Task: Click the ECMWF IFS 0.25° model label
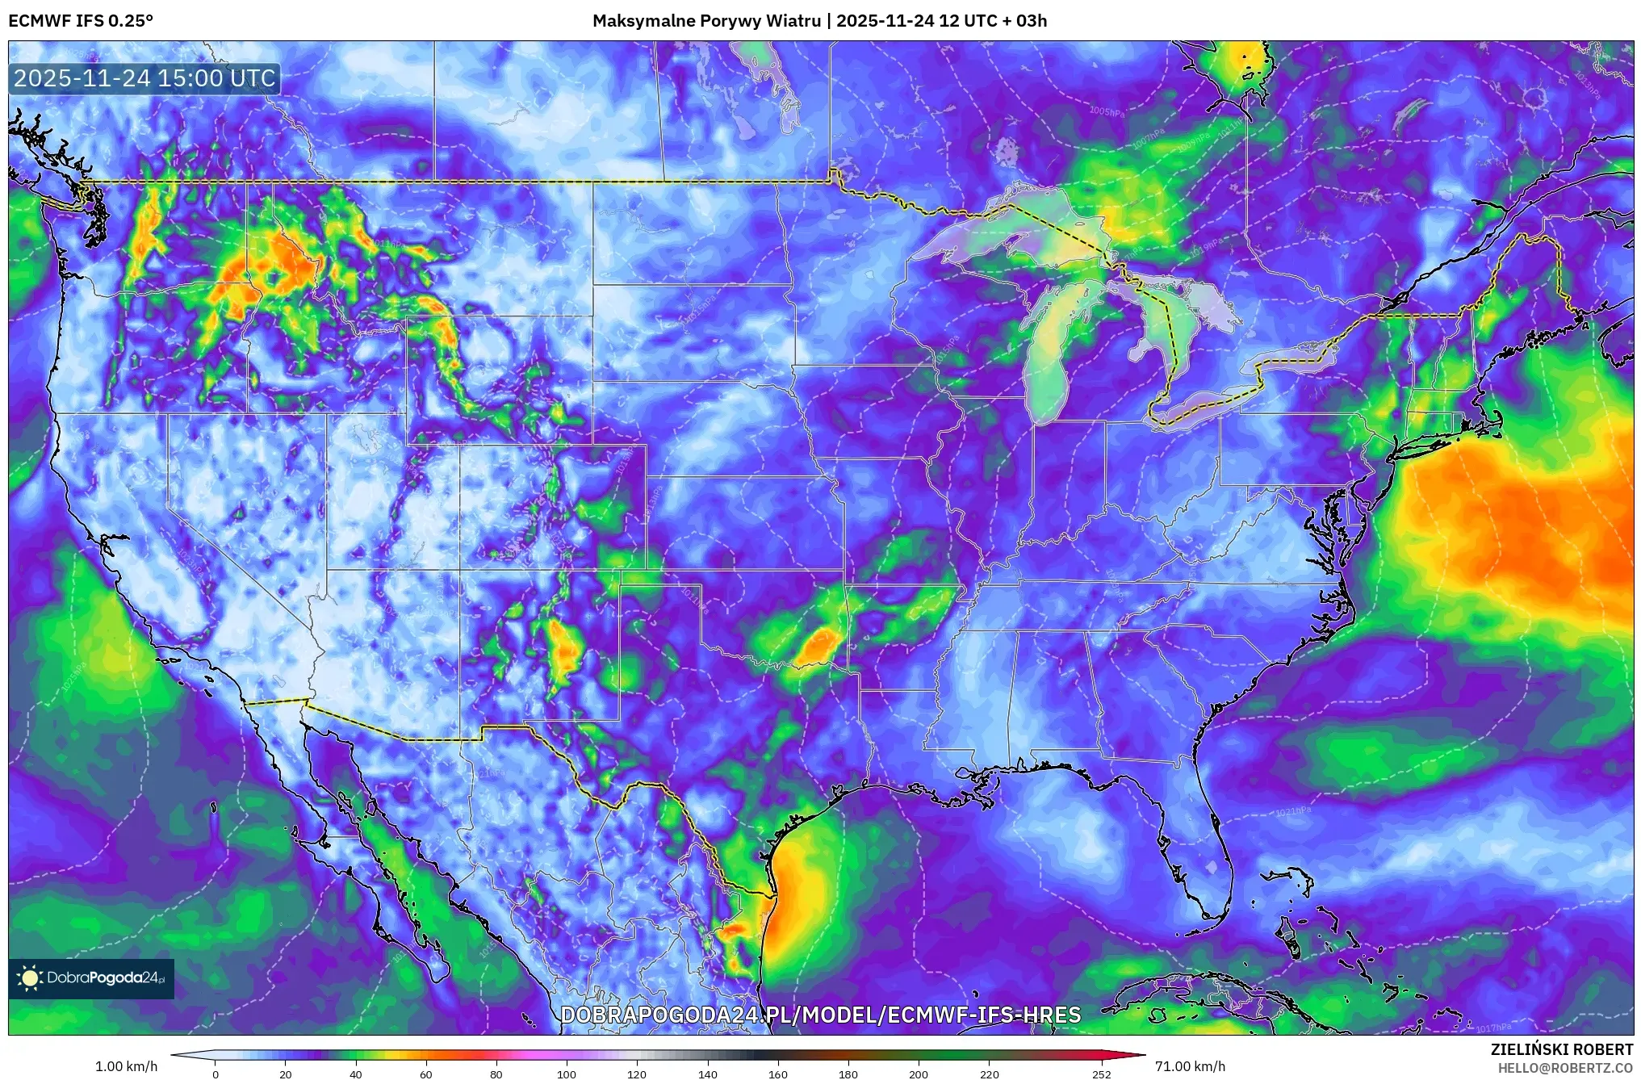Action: [81, 21]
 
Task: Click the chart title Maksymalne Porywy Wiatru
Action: [707, 21]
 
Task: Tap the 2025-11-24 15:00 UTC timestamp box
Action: [145, 79]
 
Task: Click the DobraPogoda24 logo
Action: [92, 978]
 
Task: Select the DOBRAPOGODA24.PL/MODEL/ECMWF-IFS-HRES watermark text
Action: [820, 1015]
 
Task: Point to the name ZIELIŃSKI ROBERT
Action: [1561, 1049]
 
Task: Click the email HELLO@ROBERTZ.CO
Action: [1565, 1068]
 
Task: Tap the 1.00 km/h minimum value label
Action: [126, 1066]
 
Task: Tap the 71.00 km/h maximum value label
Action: [1190, 1066]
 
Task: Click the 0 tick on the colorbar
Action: [215, 1074]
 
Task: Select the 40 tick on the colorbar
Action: [356, 1074]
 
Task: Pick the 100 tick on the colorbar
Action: [567, 1074]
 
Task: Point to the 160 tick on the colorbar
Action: [778, 1074]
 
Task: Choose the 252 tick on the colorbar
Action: [1102, 1074]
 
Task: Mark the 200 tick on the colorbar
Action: [919, 1074]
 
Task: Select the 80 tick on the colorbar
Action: [496, 1074]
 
